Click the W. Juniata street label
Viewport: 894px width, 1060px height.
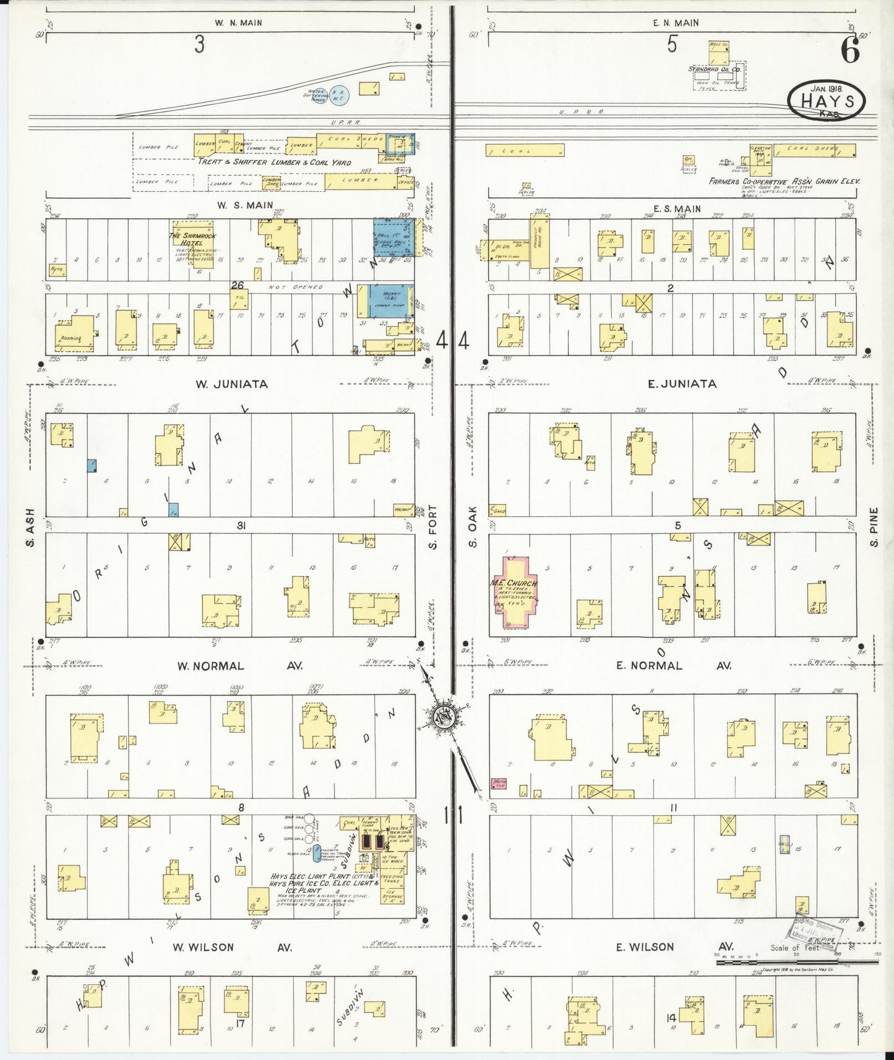(x=231, y=384)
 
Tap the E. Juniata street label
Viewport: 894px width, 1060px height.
(x=682, y=384)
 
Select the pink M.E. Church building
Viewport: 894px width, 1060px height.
(x=515, y=592)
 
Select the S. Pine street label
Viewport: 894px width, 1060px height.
(x=873, y=528)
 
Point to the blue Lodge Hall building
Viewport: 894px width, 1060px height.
(x=394, y=237)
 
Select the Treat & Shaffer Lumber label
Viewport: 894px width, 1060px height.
(x=274, y=162)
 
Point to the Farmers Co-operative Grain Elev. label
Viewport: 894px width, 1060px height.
(x=784, y=182)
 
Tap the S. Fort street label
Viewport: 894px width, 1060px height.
(x=432, y=527)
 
